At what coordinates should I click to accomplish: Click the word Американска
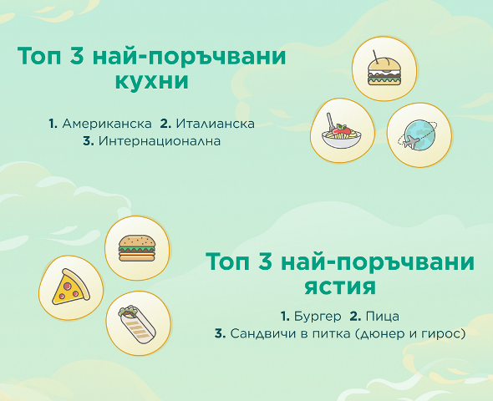(107, 124)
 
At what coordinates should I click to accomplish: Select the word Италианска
(215, 124)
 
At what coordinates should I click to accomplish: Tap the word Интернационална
(160, 141)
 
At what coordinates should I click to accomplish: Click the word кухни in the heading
(152, 81)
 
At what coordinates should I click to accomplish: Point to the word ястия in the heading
(340, 287)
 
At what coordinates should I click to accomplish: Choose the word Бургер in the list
(318, 317)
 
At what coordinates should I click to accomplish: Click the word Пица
(383, 317)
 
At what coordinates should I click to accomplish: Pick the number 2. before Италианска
(165, 124)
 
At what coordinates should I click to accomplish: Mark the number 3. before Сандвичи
(220, 333)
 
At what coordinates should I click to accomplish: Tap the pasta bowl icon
(342, 132)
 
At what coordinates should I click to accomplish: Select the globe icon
(418, 135)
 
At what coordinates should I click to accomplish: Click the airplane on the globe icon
(410, 142)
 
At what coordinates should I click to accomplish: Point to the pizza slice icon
(71, 287)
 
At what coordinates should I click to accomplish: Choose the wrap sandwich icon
(138, 323)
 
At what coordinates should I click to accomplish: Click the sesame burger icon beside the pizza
(137, 248)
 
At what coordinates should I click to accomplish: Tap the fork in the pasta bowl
(330, 122)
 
